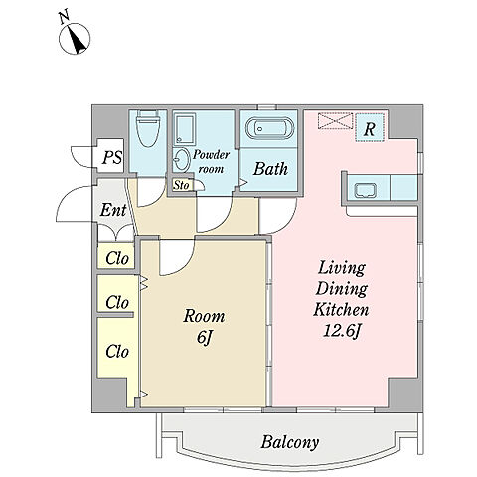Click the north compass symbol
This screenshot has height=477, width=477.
[x=75, y=38]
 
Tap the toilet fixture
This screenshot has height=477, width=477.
[x=149, y=128]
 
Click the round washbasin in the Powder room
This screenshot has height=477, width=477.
[x=181, y=160]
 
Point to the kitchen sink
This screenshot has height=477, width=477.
[x=366, y=191]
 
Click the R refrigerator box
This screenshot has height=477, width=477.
[x=370, y=128]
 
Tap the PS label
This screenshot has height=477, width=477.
[x=112, y=158]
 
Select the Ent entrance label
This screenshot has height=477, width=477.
[x=113, y=210]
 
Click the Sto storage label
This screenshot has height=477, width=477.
[x=181, y=185]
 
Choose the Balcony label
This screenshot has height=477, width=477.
[x=290, y=441]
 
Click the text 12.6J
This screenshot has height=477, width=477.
[x=341, y=331]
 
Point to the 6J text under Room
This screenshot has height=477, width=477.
[x=204, y=338]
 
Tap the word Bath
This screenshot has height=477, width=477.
[x=270, y=169]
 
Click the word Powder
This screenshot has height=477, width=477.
[x=212, y=155]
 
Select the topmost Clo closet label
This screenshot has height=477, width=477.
[x=117, y=258]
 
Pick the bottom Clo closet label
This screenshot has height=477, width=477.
[x=117, y=351]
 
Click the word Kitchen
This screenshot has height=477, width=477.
[x=341, y=309]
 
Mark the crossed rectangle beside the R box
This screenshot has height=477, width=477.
[x=335, y=121]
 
